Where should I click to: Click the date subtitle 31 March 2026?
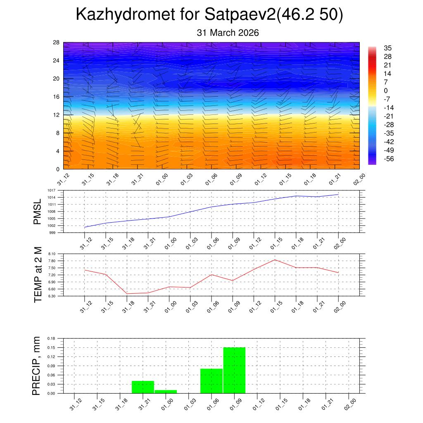click(228, 33)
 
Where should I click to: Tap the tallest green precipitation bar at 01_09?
click(234, 370)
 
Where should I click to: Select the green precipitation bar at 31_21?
click(143, 387)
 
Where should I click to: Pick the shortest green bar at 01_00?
click(166, 392)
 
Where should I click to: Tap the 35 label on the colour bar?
click(387, 48)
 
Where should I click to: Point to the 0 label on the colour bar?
click(386, 91)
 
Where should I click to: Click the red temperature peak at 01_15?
click(275, 260)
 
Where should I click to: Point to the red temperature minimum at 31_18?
click(127, 294)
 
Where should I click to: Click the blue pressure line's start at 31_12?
click(85, 228)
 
